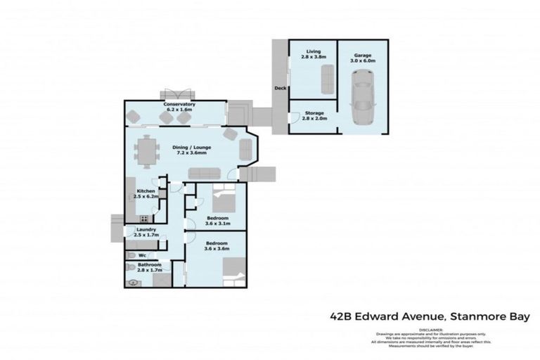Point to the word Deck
pos(280,88)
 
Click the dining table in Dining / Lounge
pos(147,148)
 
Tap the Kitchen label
pos(146,191)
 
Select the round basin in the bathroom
pos(133,283)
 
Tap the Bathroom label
pos(150,265)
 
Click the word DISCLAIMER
pos(430,328)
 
